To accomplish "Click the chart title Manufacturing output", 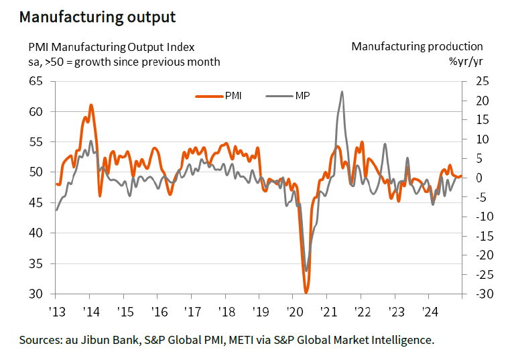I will tap(98, 17).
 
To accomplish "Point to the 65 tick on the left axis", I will tap(35, 81).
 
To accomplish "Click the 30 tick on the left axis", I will tap(35, 294).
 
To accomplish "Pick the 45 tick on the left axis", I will tap(35, 203).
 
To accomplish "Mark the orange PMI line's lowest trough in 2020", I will tap(306, 292).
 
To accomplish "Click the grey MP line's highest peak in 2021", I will tap(342, 92).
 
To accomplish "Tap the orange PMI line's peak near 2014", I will tap(90, 105).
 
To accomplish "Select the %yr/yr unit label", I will tap(465, 62).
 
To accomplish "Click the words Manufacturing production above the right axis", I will tap(417, 46).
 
